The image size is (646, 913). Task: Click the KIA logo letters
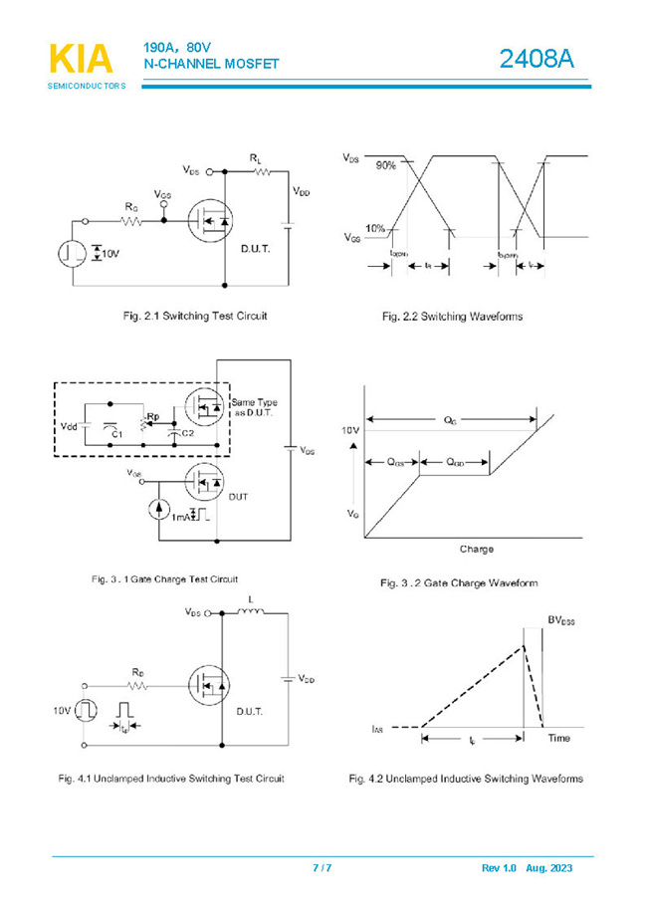click(81, 59)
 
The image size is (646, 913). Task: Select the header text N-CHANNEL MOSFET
click(211, 65)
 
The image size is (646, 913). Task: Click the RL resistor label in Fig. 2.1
click(256, 158)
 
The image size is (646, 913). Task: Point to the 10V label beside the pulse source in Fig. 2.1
click(108, 254)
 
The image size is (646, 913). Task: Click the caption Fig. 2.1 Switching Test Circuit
click(194, 316)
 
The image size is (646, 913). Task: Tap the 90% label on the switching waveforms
click(385, 166)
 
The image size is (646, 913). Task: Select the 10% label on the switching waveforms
click(375, 229)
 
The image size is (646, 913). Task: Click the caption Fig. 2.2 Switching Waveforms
click(452, 317)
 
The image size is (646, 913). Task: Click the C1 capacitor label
click(115, 434)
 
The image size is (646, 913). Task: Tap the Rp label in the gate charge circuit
click(152, 417)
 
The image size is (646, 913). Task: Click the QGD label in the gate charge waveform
click(453, 462)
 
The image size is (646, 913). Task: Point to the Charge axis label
click(476, 550)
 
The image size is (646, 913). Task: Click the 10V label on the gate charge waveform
click(349, 430)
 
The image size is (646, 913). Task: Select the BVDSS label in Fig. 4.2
click(559, 620)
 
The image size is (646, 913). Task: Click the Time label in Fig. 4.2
click(558, 738)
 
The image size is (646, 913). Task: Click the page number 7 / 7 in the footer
click(323, 868)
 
